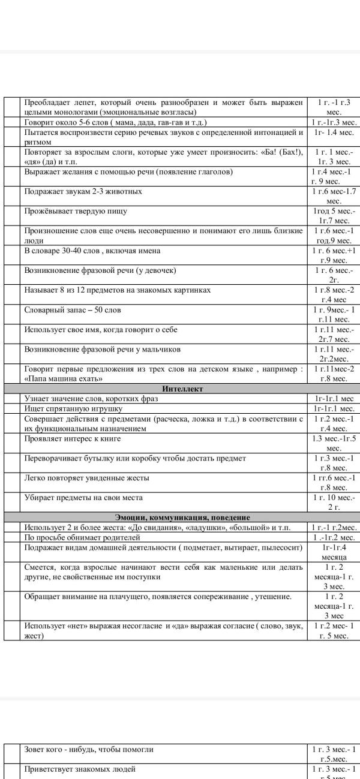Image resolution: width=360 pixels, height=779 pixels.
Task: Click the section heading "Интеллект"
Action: click(182, 389)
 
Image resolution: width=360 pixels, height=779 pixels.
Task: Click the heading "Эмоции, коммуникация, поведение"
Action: click(182, 518)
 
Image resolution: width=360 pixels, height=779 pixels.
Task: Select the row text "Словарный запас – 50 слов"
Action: click(73, 310)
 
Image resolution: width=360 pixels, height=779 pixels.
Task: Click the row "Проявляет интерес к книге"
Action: click(73, 438)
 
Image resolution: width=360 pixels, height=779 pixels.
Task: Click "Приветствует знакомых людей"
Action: click(80, 769)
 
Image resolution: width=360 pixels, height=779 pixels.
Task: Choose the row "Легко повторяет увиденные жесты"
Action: click(86, 478)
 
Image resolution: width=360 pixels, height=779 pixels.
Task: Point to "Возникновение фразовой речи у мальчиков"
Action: click(103, 350)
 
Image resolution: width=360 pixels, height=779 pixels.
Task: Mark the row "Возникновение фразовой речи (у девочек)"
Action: click(100, 270)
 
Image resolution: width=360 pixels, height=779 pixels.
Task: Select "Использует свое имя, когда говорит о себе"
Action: click(101, 330)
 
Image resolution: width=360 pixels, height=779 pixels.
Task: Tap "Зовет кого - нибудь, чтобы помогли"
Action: click(89, 749)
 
